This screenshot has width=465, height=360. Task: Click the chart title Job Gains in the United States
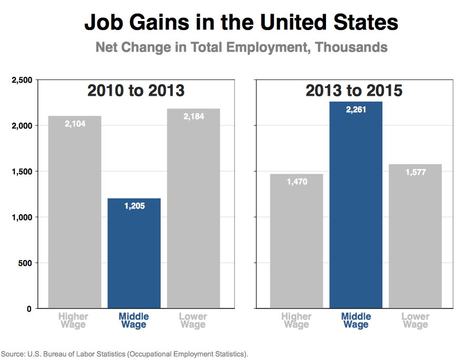point(241,23)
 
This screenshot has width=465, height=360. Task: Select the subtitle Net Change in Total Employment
point(241,47)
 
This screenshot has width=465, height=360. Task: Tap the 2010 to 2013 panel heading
point(135,91)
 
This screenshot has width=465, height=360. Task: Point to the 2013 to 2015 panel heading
point(354,91)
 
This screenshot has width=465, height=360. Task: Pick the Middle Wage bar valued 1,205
point(134,253)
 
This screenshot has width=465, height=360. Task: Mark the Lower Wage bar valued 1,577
point(415,236)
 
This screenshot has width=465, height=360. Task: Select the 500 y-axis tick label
point(27,263)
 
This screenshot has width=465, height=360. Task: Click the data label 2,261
point(356,109)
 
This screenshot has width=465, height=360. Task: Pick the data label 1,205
point(134,206)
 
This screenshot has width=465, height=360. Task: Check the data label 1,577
point(415,172)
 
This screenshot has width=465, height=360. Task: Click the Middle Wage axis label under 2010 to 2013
point(134,321)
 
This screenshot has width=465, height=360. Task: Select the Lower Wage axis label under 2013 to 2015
point(415,321)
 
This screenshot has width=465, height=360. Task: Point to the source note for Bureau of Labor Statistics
point(124,353)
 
